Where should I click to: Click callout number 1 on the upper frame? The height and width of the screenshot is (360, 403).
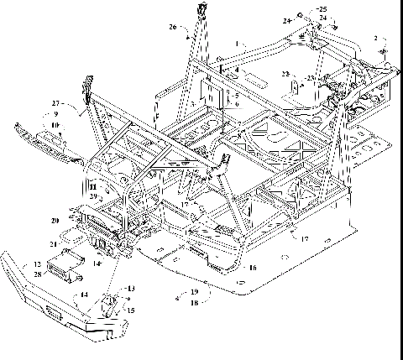[237, 43]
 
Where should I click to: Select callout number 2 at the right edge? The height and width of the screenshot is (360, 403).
[375, 39]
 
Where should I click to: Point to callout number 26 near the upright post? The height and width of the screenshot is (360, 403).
[173, 27]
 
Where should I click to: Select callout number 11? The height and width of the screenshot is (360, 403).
[94, 185]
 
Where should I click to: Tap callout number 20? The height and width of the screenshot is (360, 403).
[53, 221]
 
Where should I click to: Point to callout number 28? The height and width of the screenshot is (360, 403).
[36, 274]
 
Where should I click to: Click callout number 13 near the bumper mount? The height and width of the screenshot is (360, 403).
[129, 290]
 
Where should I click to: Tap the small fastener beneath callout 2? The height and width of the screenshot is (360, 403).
[384, 53]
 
